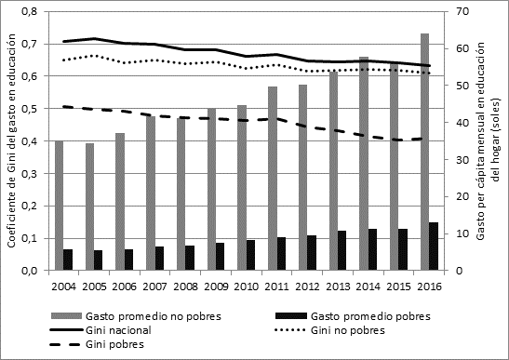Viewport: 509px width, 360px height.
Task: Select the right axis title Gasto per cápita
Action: pos(486,140)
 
